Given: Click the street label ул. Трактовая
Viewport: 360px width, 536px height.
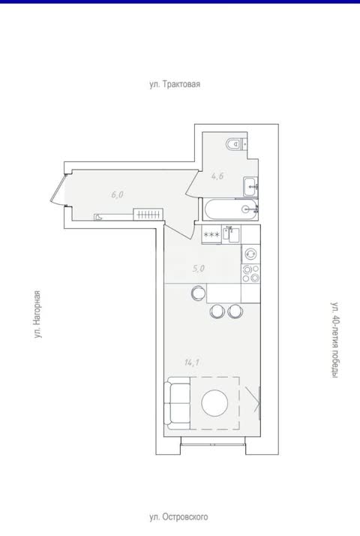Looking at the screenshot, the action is pos(175,84).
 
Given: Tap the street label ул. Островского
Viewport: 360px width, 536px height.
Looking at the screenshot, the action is pos(178,516).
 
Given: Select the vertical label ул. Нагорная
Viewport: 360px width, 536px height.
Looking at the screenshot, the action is pos(37,315).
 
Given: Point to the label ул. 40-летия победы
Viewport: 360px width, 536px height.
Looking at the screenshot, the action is pos(336,340).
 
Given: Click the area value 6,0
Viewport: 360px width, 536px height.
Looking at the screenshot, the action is pos(117,195).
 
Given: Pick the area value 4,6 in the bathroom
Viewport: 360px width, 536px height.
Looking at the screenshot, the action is pos(217,176).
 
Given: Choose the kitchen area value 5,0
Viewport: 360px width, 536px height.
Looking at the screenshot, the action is pos(198,269).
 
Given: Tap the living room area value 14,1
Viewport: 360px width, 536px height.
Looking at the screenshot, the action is pos(191,363).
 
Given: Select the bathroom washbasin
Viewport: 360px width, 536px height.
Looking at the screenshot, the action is pos(251,187).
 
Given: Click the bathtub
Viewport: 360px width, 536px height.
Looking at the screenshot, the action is pos(230,209).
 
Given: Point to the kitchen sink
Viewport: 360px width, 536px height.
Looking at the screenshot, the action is pos(231,234).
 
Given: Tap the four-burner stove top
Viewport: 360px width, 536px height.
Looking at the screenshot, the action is pos(251,273).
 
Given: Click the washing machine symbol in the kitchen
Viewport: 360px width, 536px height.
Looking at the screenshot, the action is pos(251,254).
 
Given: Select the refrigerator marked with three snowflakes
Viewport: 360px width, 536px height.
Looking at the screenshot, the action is pos(211,234).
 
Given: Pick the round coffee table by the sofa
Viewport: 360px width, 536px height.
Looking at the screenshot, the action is pos(214,403).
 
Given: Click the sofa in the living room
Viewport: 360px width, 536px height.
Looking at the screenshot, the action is pos(177,403).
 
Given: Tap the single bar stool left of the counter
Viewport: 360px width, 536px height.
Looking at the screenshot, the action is pos(198,293).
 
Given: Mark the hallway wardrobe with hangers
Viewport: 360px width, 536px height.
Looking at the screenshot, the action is pos(148,215).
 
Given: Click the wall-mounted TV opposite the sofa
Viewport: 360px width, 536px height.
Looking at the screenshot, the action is pos(259,403).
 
